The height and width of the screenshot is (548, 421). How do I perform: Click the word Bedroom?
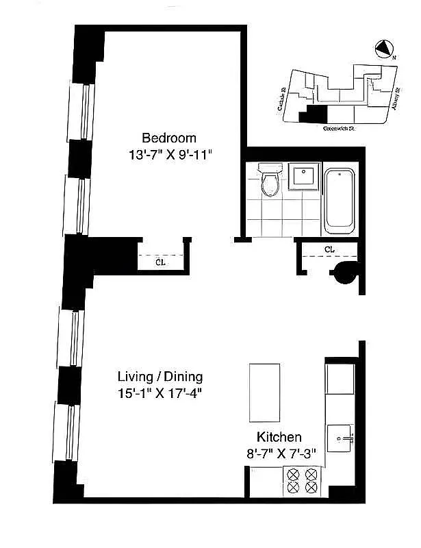(x=168, y=137)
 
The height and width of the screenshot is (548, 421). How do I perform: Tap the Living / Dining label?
(x=160, y=377)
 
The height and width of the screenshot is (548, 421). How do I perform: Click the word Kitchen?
(x=279, y=437)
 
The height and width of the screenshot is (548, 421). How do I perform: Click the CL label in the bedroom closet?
(x=160, y=261)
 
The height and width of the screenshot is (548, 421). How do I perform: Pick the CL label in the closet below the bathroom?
(x=329, y=249)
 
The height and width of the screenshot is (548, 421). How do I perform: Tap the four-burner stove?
(x=302, y=480)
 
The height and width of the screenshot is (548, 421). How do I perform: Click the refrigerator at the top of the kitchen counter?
(x=340, y=378)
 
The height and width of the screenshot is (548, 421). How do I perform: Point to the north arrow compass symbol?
(x=385, y=49)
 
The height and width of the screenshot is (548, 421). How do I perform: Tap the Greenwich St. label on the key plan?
(x=340, y=127)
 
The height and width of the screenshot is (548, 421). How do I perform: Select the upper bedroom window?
(x=79, y=110)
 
